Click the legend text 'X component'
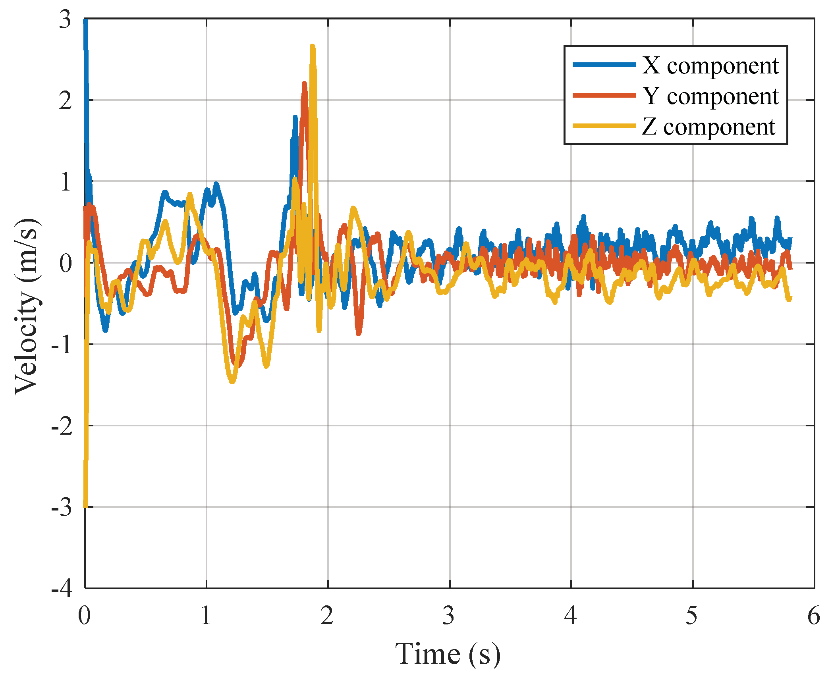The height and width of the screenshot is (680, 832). coord(710,65)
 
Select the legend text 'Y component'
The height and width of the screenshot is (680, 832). coord(710,96)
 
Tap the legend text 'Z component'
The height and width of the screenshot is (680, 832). coord(708,127)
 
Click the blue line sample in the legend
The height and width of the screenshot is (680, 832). coord(604,65)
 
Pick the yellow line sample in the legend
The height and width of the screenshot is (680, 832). coord(604,126)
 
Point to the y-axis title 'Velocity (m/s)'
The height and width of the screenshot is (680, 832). coord(27,306)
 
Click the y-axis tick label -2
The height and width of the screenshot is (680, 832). coord(62,426)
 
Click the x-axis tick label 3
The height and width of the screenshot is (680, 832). coord(449,616)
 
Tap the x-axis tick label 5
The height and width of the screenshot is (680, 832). coord(692,616)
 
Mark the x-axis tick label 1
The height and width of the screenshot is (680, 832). coord(206,616)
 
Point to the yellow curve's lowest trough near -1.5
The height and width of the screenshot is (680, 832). coord(233,381)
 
